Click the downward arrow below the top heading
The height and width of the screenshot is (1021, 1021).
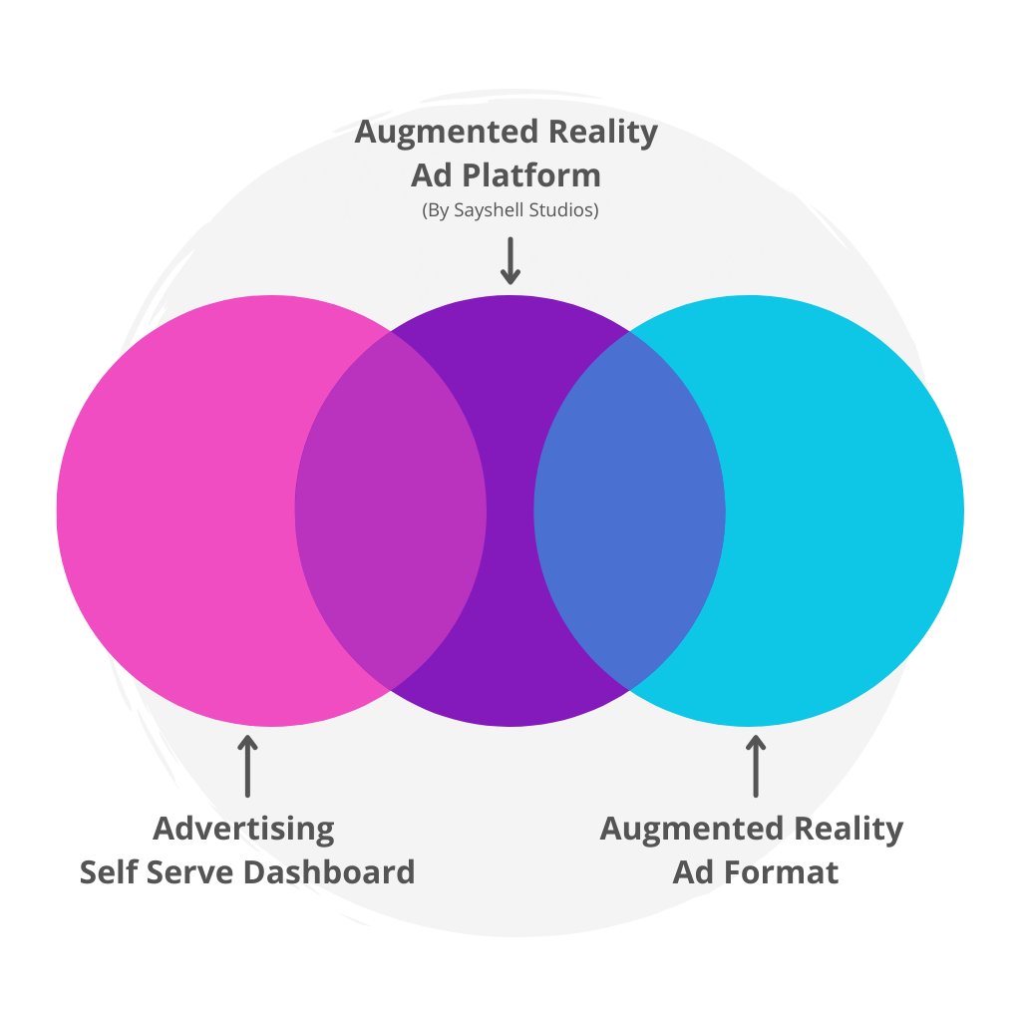point(510,261)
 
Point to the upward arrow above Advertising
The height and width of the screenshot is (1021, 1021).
point(247,766)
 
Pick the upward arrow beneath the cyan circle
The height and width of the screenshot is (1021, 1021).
point(756,766)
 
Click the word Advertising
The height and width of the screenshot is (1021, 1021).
point(244,829)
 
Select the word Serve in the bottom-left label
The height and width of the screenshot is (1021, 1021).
point(192,872)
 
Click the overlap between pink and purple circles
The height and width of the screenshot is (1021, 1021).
point(391,510)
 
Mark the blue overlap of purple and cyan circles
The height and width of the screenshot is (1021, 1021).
point(629,510)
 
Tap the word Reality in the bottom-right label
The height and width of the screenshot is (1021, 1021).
point(849,829)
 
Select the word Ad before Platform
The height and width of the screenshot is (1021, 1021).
point(432,175)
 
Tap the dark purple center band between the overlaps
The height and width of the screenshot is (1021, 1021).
point(510,510)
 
